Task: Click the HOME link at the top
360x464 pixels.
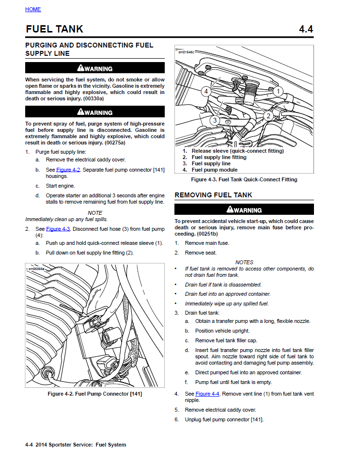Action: tap(33, 9)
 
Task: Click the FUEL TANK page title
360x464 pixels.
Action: tap(54, 29)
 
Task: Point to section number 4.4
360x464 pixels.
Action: tap(306, 29)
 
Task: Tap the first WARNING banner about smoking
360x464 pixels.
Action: tap(95, 68)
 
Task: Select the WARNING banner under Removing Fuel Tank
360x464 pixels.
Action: tap(244, 210)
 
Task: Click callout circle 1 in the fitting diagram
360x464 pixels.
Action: tap(278, 91)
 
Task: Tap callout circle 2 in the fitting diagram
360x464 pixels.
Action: tap(267, 116)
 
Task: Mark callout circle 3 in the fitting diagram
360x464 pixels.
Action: tap(215, 120)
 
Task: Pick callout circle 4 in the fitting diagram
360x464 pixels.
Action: tap(206, 91)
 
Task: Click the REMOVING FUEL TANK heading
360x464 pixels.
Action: tap(213, 195)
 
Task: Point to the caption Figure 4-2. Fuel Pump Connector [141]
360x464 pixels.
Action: tap(95, 394)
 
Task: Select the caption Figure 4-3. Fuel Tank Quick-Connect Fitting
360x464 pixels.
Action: tap(244, 179)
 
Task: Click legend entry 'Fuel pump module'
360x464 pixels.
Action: tap(214, 170)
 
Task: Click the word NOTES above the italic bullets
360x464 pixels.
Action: tap(244, 262)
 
